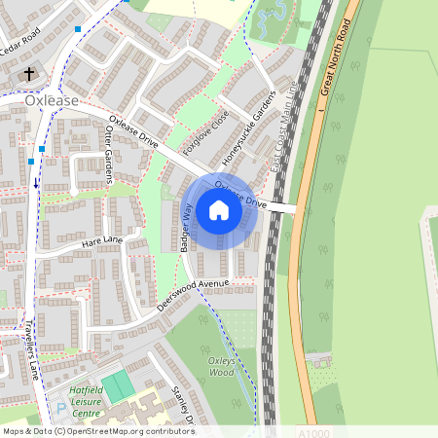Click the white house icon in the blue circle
tap(219, 209)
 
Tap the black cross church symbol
tap(28, 74)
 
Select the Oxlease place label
tap(50, 99)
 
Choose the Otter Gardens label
tap(109, 157)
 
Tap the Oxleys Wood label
tap(222, 366)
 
